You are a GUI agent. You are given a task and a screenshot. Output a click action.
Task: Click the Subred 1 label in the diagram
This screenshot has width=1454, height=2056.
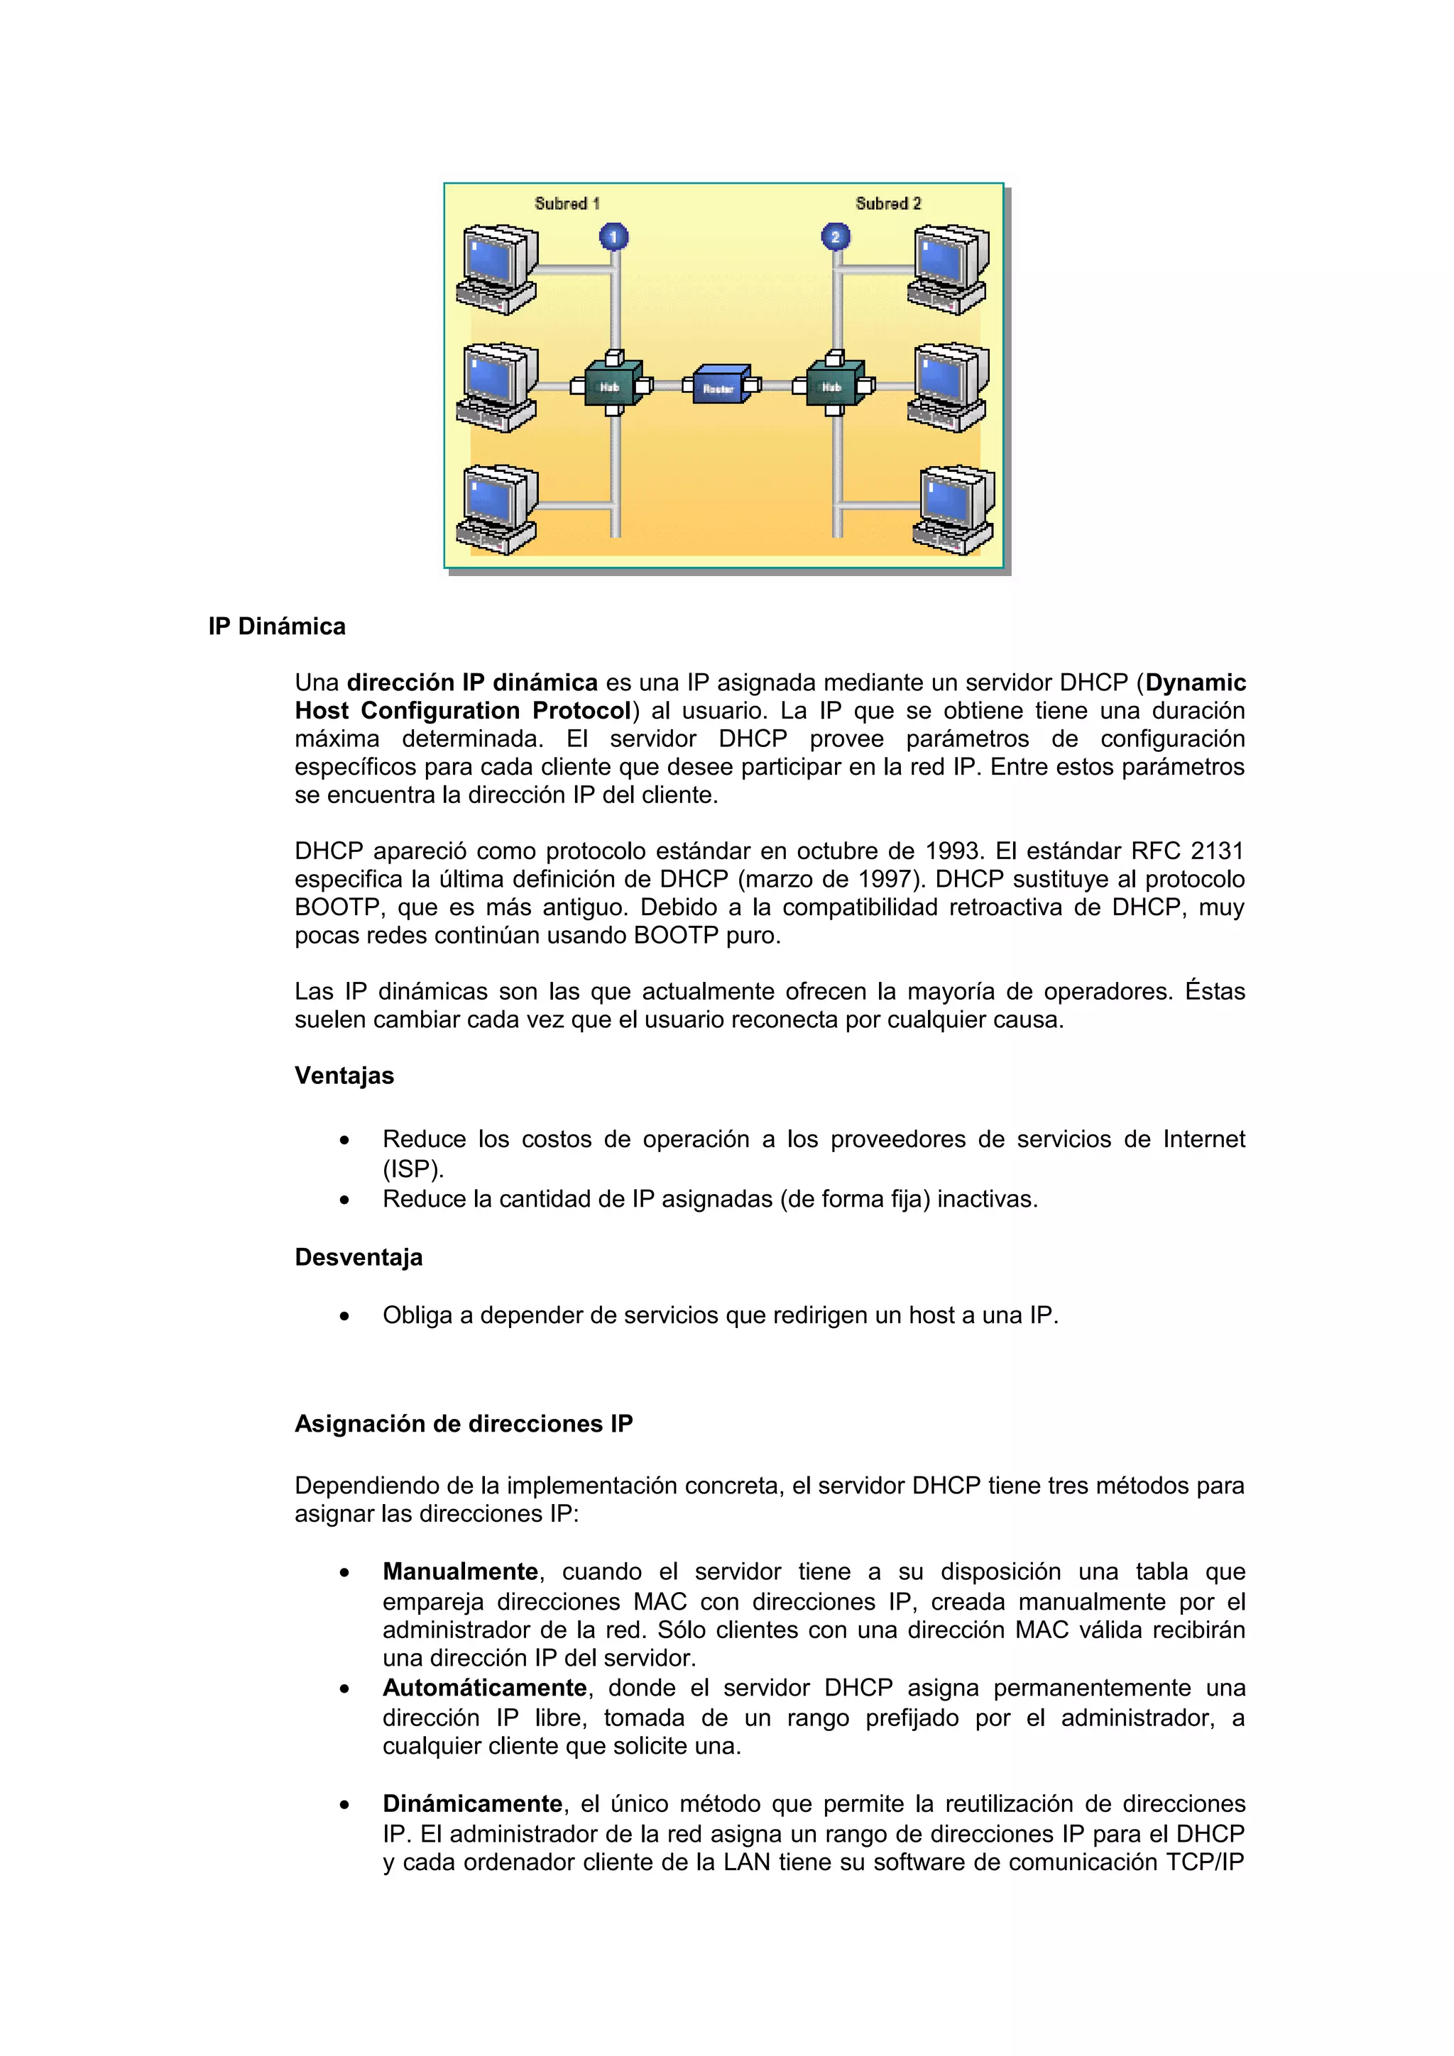566,204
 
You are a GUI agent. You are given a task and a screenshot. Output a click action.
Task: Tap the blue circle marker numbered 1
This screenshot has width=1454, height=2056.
613,237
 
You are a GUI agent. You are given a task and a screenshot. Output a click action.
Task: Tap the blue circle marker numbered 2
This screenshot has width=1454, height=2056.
835,237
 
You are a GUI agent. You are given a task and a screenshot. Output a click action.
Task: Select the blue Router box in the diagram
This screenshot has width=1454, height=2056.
721,385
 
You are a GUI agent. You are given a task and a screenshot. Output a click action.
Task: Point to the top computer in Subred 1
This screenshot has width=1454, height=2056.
497,269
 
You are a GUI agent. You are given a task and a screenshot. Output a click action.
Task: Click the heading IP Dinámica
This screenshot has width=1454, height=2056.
277,626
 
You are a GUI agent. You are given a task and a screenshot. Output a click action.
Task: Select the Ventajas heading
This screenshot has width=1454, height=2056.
344,1076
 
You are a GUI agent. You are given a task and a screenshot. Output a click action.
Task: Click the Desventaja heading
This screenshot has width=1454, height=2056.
359,1257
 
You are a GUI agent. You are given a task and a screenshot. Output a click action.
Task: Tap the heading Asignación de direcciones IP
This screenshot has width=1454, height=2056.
463,1424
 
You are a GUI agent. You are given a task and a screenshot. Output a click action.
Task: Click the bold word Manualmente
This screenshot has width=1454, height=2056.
459,1571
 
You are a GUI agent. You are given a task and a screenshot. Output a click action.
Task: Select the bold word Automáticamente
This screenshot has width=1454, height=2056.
483,1688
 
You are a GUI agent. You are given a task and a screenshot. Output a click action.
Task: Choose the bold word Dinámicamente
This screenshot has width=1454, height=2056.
471,1803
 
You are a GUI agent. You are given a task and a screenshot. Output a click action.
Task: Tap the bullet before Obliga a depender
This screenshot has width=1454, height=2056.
344,1316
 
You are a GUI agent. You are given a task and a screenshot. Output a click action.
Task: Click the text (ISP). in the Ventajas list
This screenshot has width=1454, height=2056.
413,1169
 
